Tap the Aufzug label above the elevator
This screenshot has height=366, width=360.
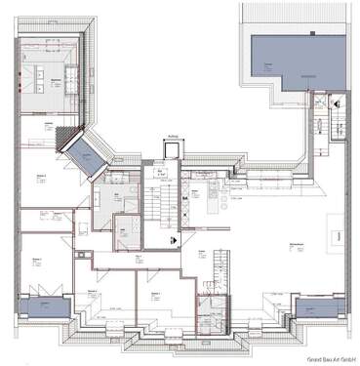(x=171, y=138)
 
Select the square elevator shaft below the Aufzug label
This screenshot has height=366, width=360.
(x=171, y=148)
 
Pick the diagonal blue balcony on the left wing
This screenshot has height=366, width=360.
(x=77, y=151)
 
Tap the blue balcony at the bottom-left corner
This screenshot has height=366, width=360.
(x=41, y=308)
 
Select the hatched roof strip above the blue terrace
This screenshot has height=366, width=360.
(x=293, y=15)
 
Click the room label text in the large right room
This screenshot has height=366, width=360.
(x=294, y=243)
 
